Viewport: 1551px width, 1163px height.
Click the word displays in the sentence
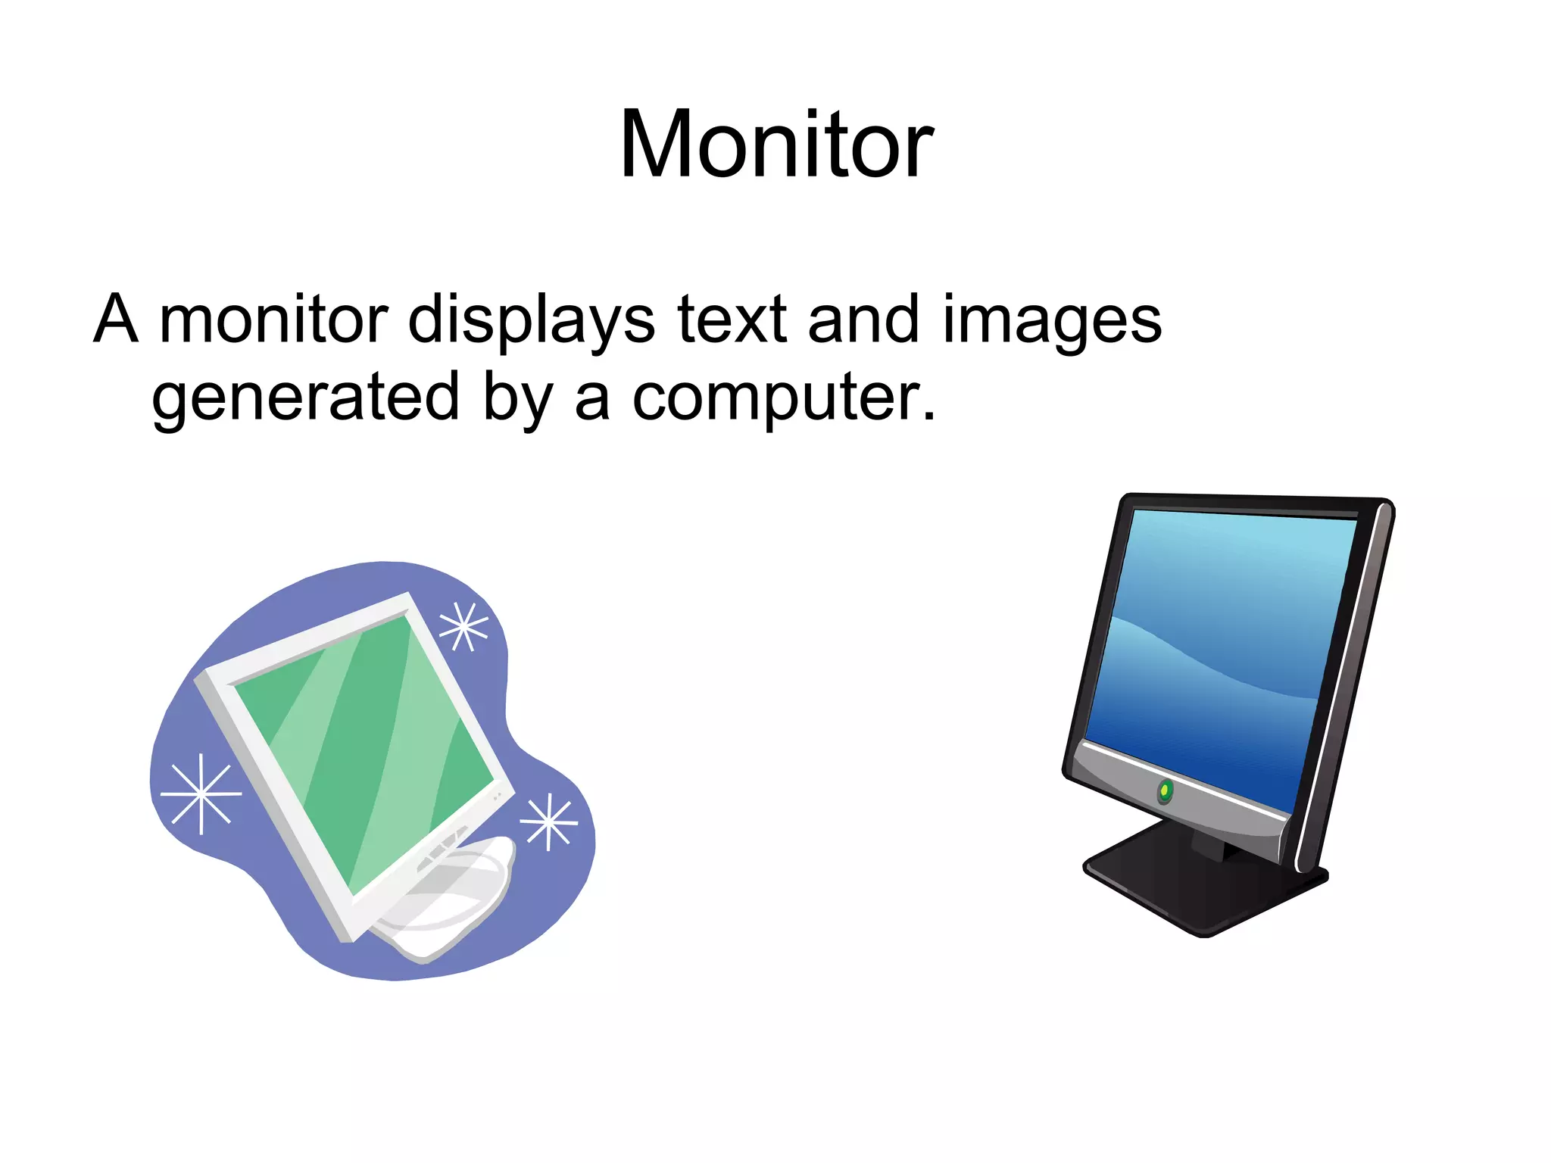tap(531, 320)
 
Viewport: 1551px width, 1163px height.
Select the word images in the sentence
tap(1052, 320)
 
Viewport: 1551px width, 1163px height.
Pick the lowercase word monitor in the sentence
tap(273, 320)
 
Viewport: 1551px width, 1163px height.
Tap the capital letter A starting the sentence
tap(116, 320)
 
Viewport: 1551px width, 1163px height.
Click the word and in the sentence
tap(863, 320)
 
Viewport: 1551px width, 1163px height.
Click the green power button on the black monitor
tap(1166, 791)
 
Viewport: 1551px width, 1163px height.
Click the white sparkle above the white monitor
tap(463, 626)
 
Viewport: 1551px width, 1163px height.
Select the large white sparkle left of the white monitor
tap(201, 794)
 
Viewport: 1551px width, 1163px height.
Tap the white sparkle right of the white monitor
tap(549, 822)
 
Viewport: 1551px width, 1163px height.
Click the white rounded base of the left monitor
tap(454, 901)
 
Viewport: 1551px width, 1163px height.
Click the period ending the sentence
tap(928, 416)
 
